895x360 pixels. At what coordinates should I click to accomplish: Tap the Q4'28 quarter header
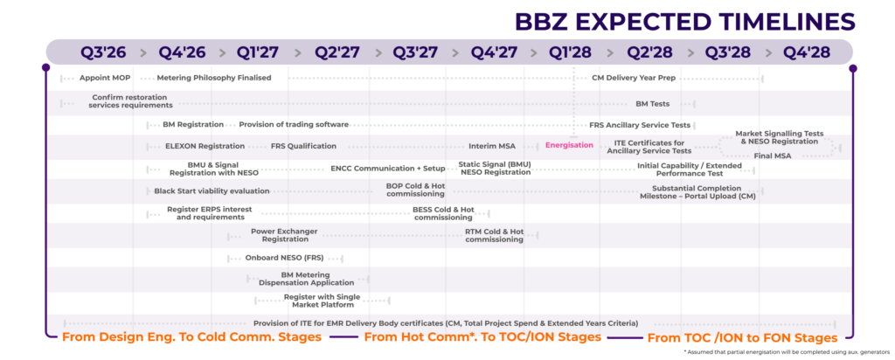coord(805,52)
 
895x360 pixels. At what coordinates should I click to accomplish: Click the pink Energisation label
coord(569,145)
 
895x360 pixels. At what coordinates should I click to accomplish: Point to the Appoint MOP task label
coord(106,78)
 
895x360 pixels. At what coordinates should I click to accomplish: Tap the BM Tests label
coord(652,104)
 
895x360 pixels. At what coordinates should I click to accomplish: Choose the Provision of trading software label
coord(294,125)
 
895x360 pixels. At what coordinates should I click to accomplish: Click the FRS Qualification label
coord(303,146)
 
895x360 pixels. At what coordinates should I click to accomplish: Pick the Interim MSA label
coord(495,146)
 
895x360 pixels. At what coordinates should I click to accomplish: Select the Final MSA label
coord(772,156)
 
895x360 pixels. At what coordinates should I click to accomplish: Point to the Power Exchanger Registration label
coord(285,235)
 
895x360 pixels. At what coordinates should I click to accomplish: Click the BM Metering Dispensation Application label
coord(306,279)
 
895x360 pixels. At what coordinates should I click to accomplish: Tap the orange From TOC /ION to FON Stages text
coord(741,337)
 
